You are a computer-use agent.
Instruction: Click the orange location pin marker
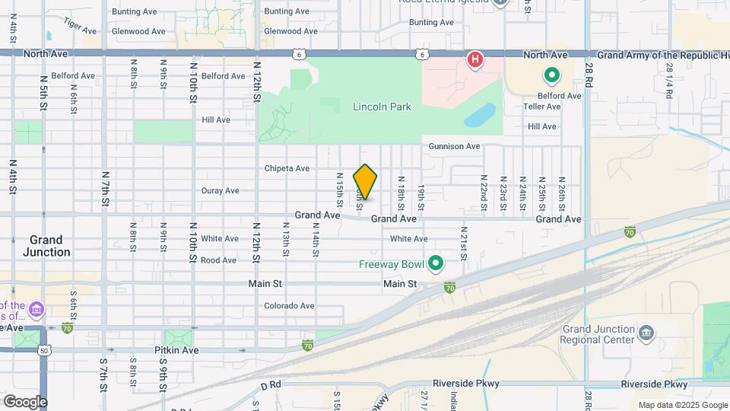point(366,182)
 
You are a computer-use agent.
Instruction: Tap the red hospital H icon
point(475,59)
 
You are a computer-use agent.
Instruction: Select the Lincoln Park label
point(382,107)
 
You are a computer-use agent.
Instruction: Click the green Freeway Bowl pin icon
point(436,264)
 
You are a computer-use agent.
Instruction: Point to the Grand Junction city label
point(46,245)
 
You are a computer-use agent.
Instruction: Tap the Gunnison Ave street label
point(454,146)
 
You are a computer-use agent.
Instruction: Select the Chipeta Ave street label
point(287,168)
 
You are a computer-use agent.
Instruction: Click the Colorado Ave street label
point(289,306)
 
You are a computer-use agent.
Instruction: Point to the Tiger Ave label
point(81,27)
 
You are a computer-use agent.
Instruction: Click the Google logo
point(25,402)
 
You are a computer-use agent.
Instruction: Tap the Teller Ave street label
point(541,107)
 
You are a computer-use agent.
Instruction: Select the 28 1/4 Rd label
point(668,81)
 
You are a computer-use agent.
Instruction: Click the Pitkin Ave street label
point(179,350)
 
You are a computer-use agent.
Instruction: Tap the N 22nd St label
point(483,192)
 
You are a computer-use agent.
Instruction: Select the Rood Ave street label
point(219,260)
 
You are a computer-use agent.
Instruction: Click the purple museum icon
point(36,310)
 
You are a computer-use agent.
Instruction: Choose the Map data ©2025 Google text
point(682,405)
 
